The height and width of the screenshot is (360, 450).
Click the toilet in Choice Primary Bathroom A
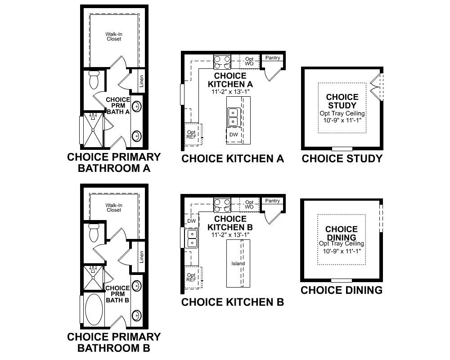[x=94, y=80]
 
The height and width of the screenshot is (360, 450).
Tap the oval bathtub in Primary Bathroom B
[x=94, y=309]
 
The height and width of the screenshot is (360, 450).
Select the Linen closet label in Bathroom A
[x=141, y=81]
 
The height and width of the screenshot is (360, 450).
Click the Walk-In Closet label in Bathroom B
[x=114, y=207]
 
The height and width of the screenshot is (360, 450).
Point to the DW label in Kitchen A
[x=234, y=135]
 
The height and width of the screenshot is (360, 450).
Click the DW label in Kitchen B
[x=191, y=220]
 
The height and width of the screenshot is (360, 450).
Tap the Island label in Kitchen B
[x=238, y=263]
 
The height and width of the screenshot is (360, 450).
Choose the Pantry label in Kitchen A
[x=273, y=58]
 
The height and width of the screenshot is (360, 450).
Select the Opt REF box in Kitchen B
[x=192, y=277]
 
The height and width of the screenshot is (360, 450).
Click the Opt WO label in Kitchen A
[x=249, y=61]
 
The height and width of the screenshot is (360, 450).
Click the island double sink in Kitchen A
[x=233, y=117]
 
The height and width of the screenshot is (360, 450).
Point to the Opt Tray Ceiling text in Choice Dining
[x=342, y=243]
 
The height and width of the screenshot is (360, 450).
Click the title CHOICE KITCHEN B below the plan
[x=232, y=302]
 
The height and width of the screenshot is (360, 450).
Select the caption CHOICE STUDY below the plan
[x=342, y=158]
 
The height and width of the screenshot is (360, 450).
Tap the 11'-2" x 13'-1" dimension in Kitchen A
[x=230, y=91]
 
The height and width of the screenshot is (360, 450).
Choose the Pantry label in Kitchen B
[x=273, y=201]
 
